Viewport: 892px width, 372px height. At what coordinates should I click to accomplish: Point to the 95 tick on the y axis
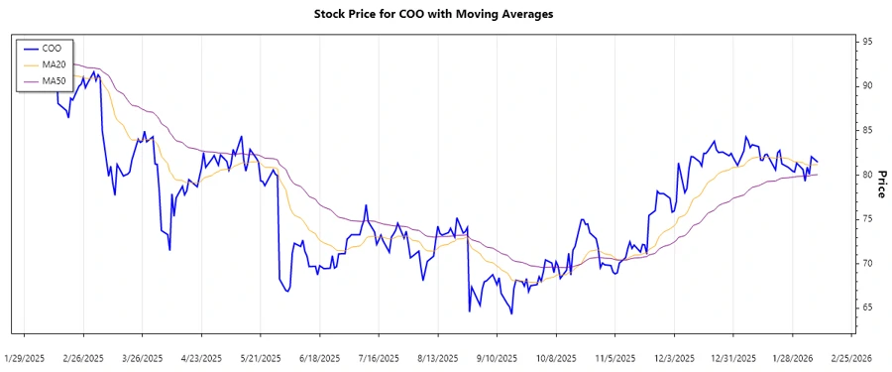click(x=867, y=42)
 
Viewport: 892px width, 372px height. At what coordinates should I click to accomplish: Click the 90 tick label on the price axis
click(x=867, y=86)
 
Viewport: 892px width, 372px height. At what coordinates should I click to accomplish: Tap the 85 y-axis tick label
click(x=867, y=130)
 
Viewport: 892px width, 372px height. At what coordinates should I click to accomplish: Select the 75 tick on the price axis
click(x=867, y=219)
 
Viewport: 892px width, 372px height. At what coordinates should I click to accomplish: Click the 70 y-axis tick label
click(x=867, y=263)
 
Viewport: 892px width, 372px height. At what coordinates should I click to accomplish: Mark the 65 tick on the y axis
click(x=867, y=308)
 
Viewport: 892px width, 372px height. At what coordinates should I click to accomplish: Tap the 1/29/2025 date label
click(x=25, y=357)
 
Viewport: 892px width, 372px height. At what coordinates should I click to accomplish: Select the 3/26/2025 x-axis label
click(x=143, y=357)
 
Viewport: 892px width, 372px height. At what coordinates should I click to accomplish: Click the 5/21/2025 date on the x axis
click(x=261, y=357)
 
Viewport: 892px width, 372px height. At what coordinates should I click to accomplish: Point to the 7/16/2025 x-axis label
click(x=379, y=357)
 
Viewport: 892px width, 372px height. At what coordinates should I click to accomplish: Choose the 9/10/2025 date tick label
click(x=497, y=357)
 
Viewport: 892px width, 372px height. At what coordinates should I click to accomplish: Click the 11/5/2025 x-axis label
click(x=614, y=357)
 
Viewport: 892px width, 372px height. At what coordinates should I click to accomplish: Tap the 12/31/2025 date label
click(x=732, y=357)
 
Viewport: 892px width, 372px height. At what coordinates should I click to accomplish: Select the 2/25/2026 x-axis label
click(x=850, y=357)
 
